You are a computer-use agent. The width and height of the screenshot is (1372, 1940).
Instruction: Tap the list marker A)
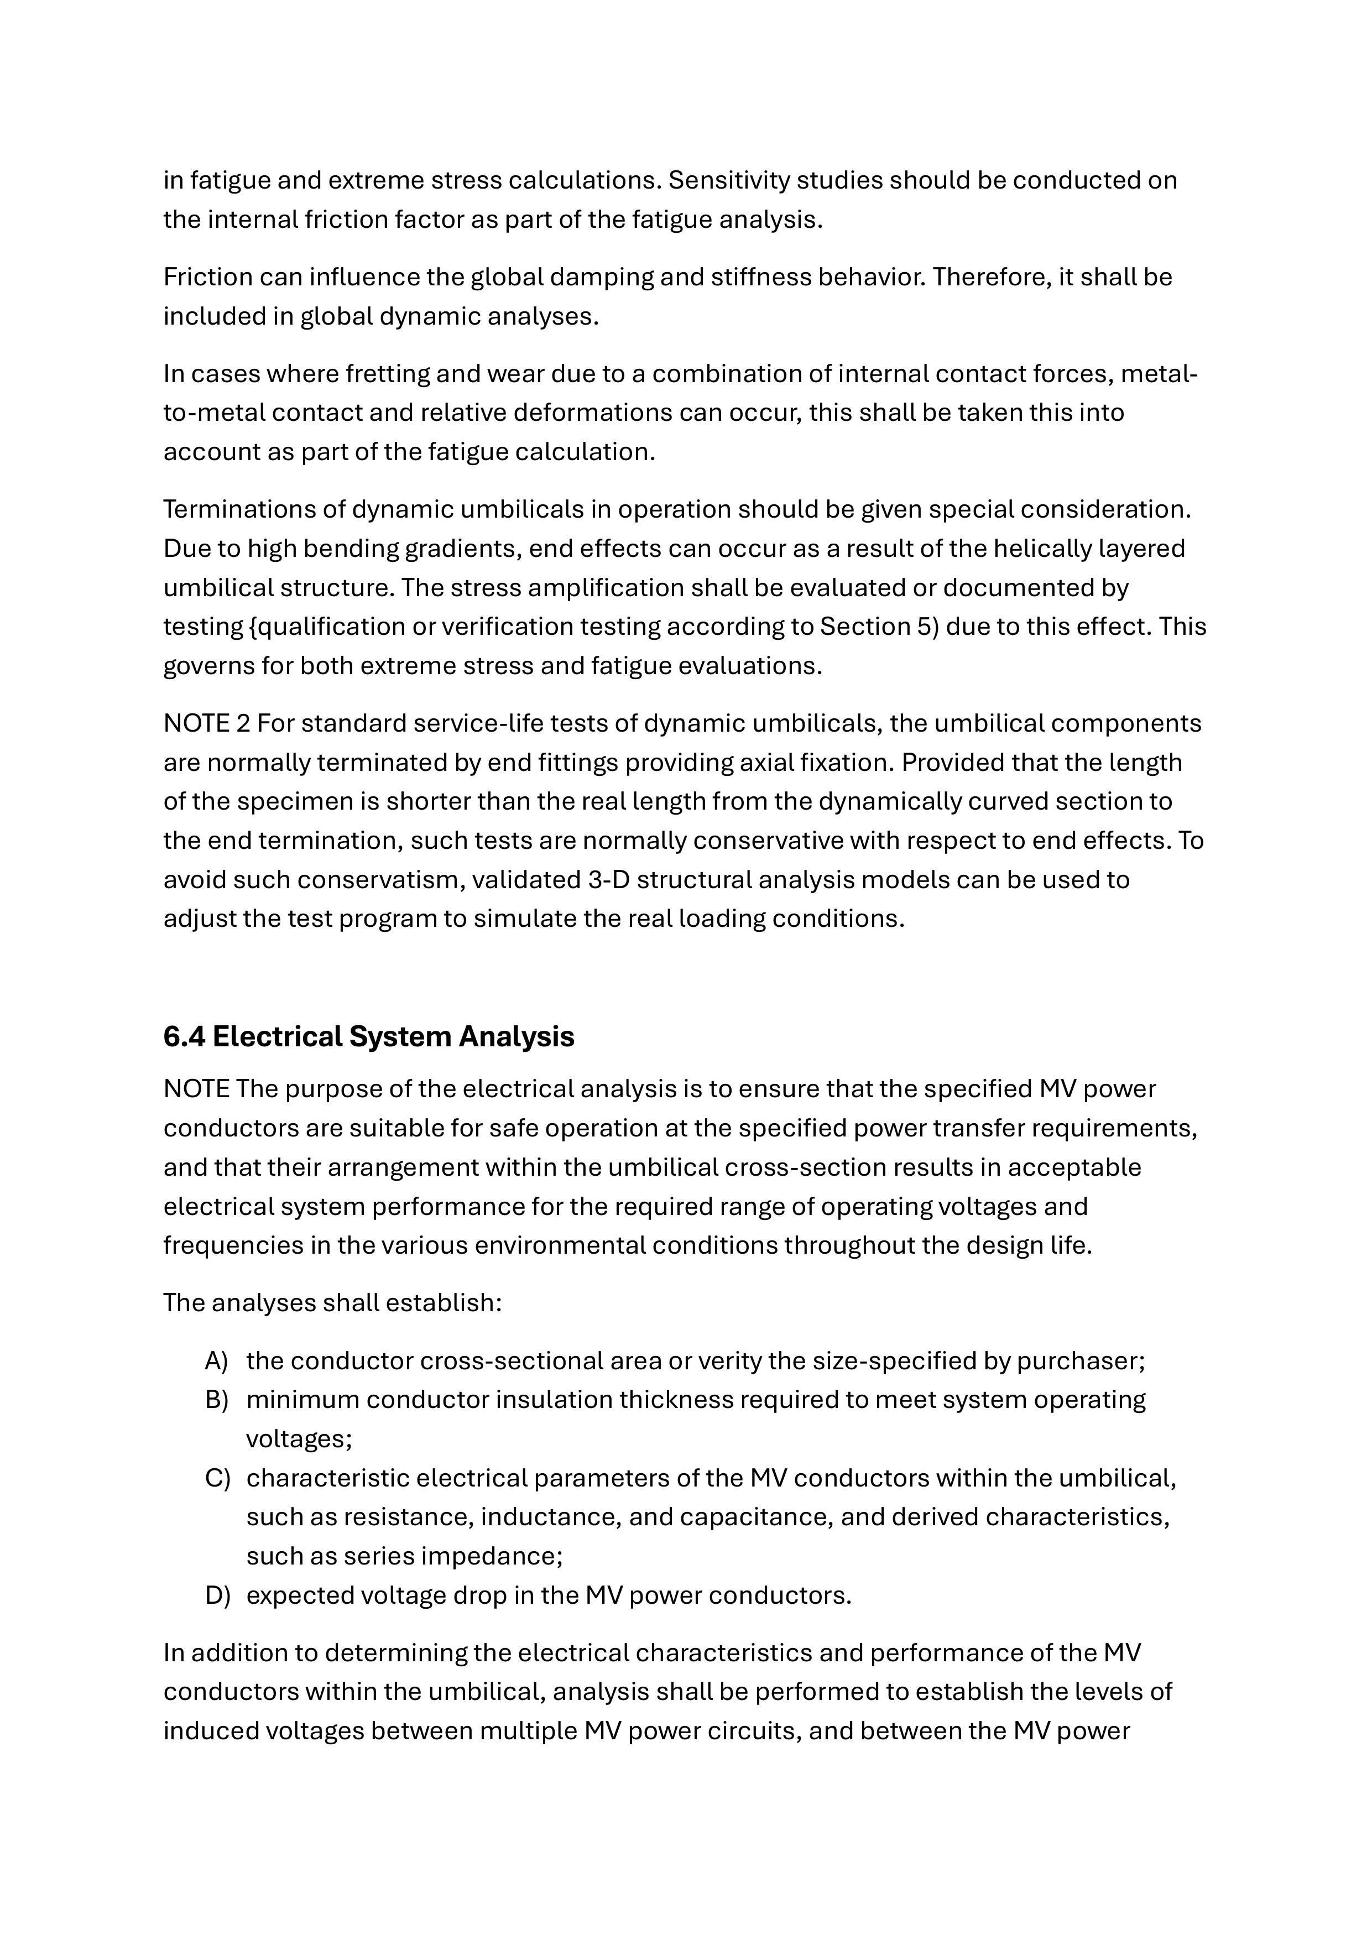(x=216, y=1361)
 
